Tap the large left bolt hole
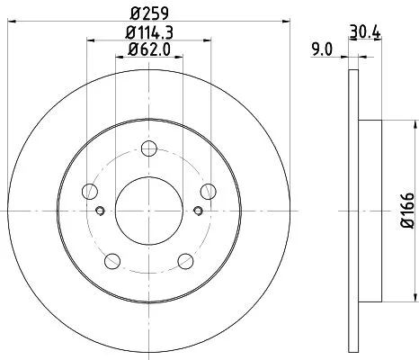click(90, 190)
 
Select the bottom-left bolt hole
click(111, 260)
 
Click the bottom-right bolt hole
click(185, 260)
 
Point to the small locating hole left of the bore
click(100, 211)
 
